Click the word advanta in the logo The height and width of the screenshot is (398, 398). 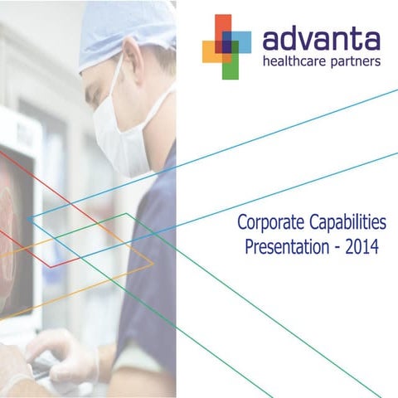(x=320, y=39)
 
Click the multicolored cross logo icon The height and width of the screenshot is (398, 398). (x=226, y=46)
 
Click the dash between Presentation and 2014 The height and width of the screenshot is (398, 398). (x=335, y=247)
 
